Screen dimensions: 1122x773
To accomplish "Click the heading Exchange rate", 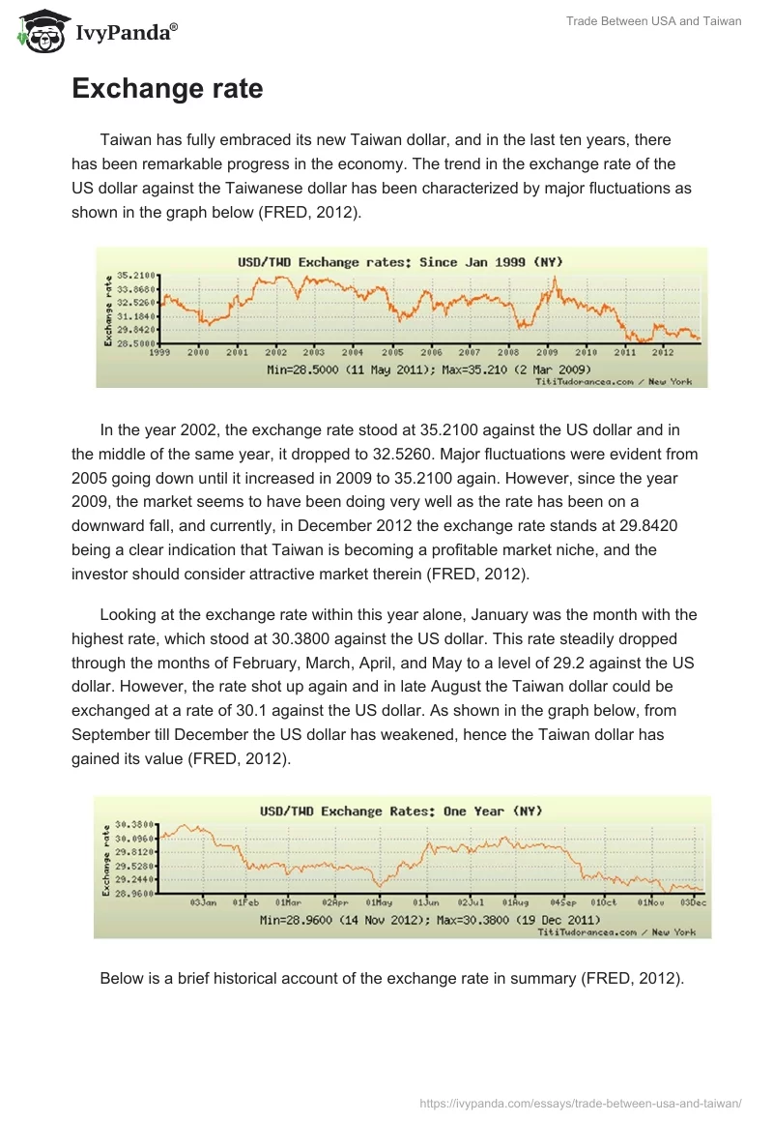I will [167, 89].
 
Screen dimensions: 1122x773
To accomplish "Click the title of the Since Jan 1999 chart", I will [400, 261].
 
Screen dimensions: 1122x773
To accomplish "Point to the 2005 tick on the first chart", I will [391, 352].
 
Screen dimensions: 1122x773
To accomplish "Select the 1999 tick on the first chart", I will [160, 352].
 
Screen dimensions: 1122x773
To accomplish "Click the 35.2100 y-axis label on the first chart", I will [136, 276].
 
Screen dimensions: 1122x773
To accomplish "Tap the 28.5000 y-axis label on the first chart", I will [136, 342].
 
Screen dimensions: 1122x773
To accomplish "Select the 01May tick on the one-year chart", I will [379, 901].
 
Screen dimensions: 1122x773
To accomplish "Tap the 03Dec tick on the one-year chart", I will [693, 901].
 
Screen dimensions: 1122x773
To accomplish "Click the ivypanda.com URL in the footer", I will [581, 1103].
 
